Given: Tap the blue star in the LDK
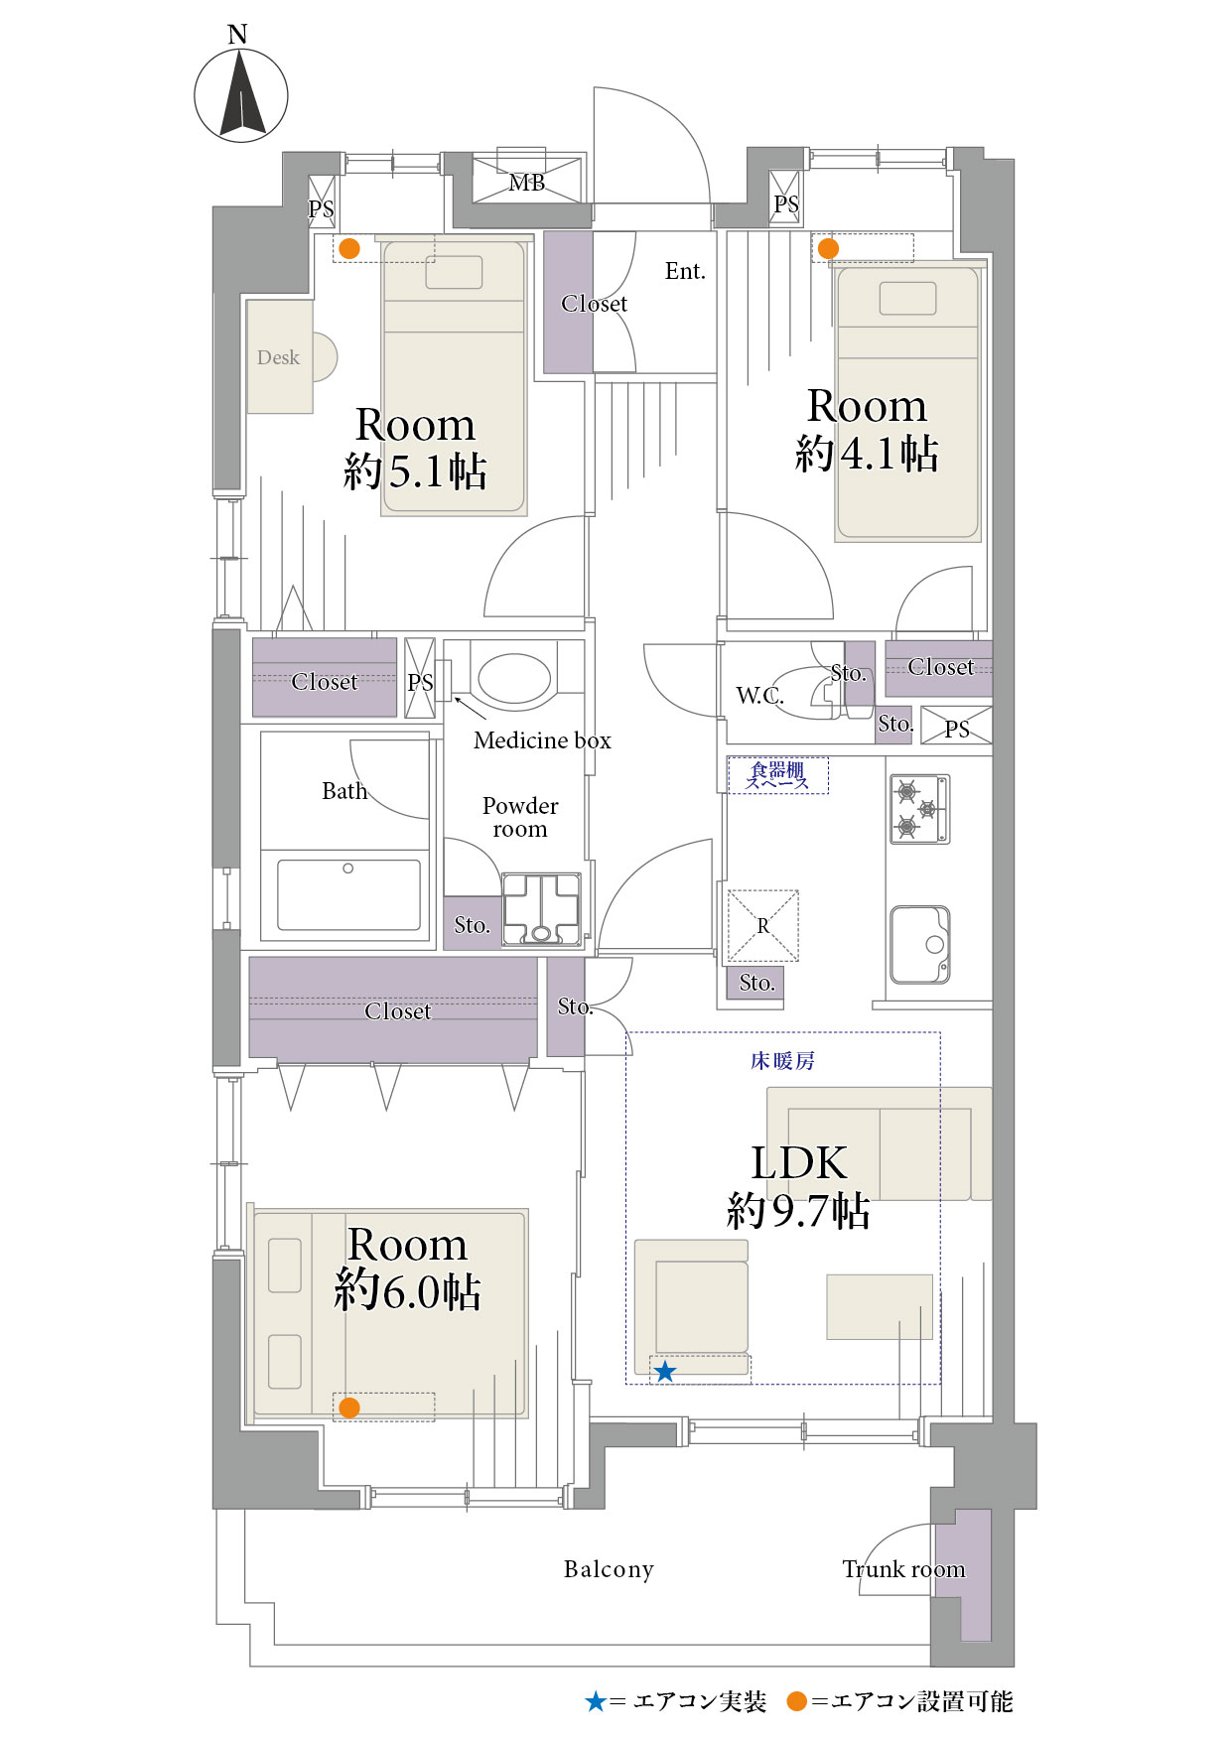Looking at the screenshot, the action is pyautogui.click(x=665, y=1372).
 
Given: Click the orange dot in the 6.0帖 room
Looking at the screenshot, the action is pyautogui.click(x=348, y=1407).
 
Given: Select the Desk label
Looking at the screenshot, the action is pyautogui.click(x=278, y=357).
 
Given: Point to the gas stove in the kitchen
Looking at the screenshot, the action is pyautogui.click(x=919, y=809).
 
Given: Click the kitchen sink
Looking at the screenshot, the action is pyautogui.click(x=919, y=944).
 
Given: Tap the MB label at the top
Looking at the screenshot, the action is pyautogui.click(x=526, y=183).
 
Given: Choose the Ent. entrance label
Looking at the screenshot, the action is pyautogui.click(x=685, y=271).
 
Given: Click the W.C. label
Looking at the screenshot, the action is pyautogui.click(x=759, y=695).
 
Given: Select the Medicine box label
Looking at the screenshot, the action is pyautogui.click(x=542, y=740).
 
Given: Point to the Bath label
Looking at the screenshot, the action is pyautogui.click(x=344, y=791).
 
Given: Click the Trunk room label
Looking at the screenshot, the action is pyautogui.click(x=903, y=1569).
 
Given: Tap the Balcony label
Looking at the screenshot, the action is pyautogui.click(x=609, y=1569).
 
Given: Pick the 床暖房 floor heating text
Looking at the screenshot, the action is pyautogui.click(x=782, y=1061).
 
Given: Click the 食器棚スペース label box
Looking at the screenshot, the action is pyautogui.click(x=777, y=775).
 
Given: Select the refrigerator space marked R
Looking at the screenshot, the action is pyautogui.click(x=762, y=925).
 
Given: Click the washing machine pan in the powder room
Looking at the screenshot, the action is pyautogui.click(x=541, y=909).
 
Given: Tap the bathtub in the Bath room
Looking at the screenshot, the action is pyautogui.click(x=348, y=894).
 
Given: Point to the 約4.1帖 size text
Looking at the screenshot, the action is pyautogui.click(x=867, y=454).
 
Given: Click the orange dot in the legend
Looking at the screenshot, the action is pyautogui.click(x=796, y=1701).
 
